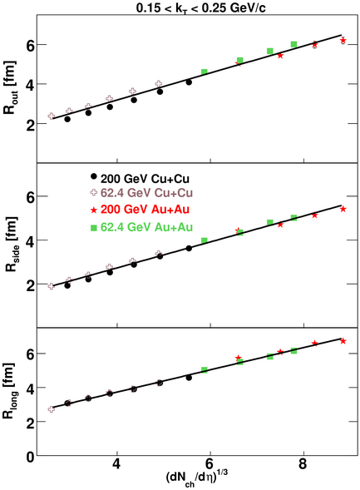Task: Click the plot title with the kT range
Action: [x=200, y=7]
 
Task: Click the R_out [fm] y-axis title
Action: [x=10, y=87]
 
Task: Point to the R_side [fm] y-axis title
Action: [x=11, y=244]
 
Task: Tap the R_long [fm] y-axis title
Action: [x=9, y=391]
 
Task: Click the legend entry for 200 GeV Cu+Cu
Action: [x=145, y=179]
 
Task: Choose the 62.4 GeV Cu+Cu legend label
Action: [x=146, y=193]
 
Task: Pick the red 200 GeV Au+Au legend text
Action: [x=145, y=209]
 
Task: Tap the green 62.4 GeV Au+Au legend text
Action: [x=146, y=227]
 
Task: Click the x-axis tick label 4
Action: [x=116, y=464]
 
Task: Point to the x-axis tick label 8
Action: [x=303, y=464]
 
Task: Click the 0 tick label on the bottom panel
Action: [x=30, y=458]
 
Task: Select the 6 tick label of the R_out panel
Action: [x=30, y=45]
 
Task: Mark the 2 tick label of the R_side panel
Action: [x=30, y=285]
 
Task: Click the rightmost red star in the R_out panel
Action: [x=343, y=40]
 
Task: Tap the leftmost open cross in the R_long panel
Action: [x=52, y=409]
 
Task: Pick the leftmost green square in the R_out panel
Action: [x=205, y=72]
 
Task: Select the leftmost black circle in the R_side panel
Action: [x=67, y=285]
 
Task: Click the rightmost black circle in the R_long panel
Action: [x=189, y=378]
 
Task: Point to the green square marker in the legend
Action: [x=93, y=228]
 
